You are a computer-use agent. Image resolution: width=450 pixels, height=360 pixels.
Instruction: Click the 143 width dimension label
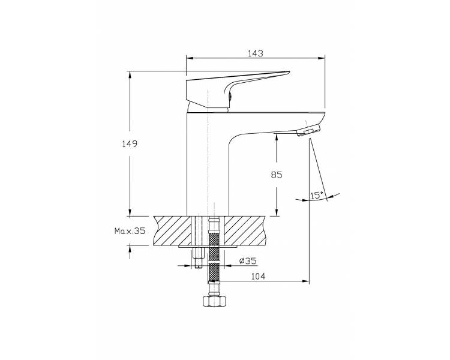coord(256,53)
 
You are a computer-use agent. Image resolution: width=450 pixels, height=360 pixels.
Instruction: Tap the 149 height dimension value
coord(130,144)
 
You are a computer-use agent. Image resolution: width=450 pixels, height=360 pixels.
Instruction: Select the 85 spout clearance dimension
coord(277,175)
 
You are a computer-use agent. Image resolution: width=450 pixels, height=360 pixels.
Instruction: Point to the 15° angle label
coord(317,196)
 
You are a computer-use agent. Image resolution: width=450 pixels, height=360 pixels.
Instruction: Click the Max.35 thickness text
coord(130,231)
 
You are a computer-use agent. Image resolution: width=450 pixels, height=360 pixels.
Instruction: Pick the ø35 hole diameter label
coord(248,261)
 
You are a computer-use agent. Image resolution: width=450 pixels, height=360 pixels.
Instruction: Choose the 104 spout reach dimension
coord(258,277)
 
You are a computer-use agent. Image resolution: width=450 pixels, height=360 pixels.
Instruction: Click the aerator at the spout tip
coord(308,130)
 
